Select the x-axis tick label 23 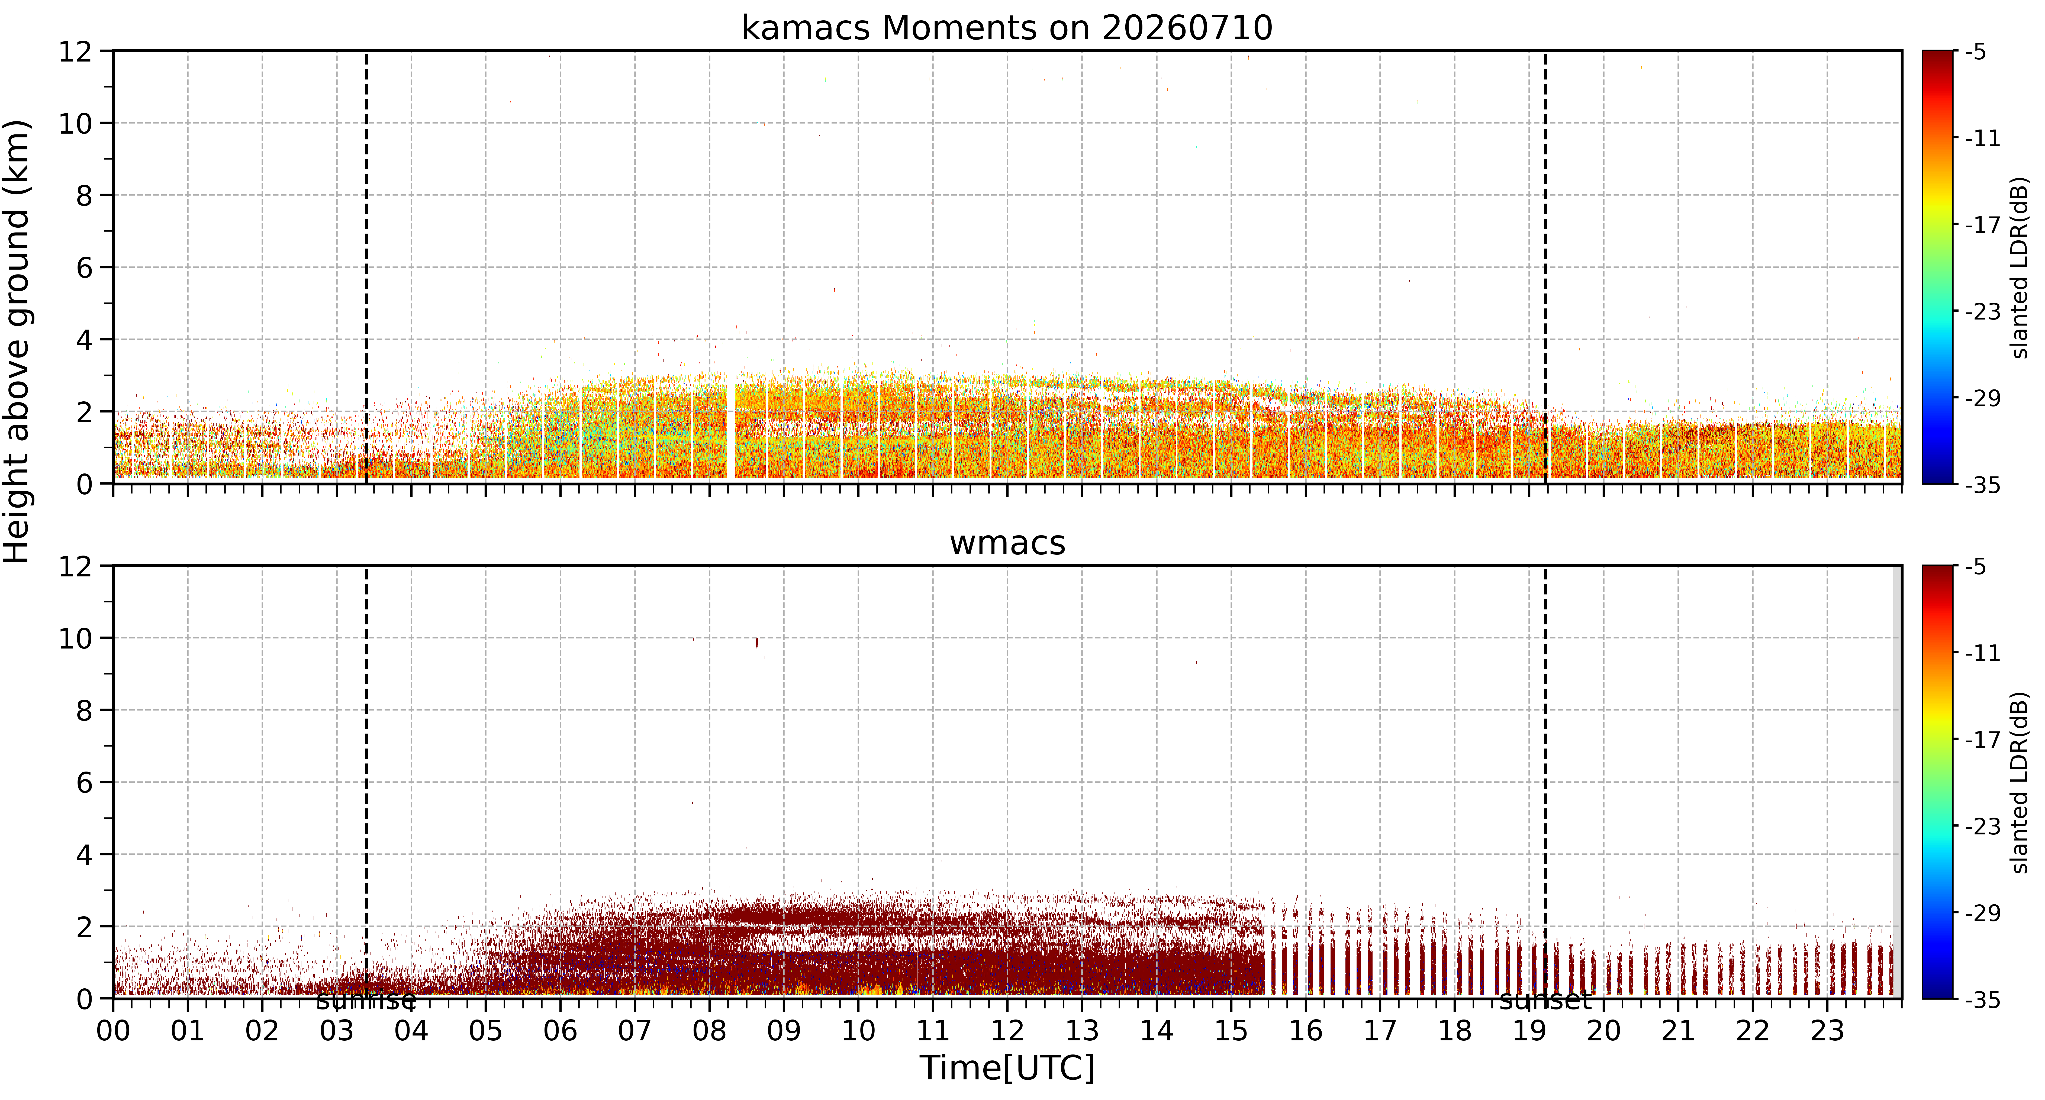click(1827, 1031)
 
